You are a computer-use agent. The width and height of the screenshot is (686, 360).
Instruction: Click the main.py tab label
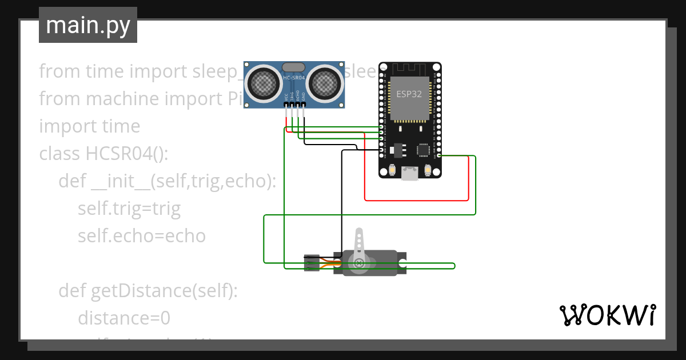87,25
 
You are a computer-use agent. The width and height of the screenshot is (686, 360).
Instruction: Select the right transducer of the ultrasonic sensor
325,83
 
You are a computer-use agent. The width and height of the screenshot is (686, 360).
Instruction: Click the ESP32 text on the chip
409,94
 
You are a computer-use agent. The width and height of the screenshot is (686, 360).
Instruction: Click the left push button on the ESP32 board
392,170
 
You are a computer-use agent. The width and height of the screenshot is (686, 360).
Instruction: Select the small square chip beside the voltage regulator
423,150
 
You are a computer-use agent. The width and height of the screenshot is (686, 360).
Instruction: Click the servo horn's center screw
359,263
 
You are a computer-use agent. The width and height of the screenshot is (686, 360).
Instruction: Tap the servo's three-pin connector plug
311,262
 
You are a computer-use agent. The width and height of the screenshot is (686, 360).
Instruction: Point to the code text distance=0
124,318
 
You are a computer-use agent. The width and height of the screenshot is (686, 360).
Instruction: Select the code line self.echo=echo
141,236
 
